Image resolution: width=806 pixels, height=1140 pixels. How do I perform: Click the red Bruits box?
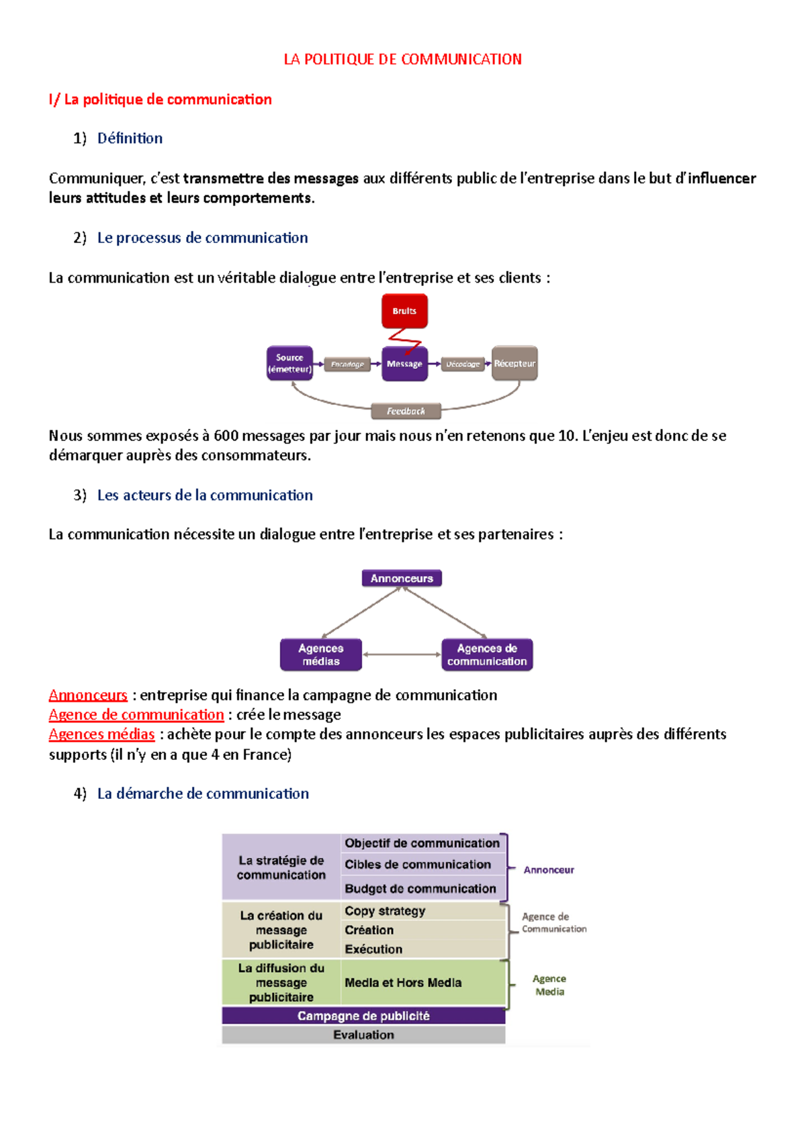tap(404, 311)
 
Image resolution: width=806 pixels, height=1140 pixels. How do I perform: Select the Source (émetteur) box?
tap(289, 363)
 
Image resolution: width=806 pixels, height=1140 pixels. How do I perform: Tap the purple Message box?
tap(404, 364)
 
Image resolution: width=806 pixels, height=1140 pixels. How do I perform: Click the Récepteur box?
tap(514, 363)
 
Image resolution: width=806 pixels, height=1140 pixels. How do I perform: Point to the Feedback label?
tap(406, 411)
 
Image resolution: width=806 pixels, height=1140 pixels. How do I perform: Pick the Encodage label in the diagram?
tap(347, 365)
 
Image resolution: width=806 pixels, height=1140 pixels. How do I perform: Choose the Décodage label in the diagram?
tap(463, 365)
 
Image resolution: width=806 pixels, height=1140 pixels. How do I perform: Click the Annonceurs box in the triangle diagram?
tap(402, 578)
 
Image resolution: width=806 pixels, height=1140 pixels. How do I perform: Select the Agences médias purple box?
tap(320, 655)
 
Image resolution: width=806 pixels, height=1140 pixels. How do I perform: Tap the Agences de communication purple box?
tap(487, 655)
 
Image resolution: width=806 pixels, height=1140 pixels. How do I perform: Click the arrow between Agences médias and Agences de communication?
tap(402, 655)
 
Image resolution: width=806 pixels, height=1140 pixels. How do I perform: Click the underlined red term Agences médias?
tap(101, 734)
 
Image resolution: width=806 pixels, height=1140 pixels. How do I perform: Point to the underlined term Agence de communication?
tap(136, 714)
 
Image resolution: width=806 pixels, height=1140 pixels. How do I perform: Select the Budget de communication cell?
tap(420, 888)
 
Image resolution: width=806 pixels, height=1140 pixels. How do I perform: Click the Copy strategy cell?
tap(385, 911)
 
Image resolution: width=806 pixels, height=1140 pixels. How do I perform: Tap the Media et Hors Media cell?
tap(403, 982)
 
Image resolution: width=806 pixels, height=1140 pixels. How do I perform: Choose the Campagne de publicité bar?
tap(363, 1016)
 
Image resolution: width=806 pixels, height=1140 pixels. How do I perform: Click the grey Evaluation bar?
tap(363, 1035)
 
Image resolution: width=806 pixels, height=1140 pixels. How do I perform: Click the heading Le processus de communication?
tap(202, 238)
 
